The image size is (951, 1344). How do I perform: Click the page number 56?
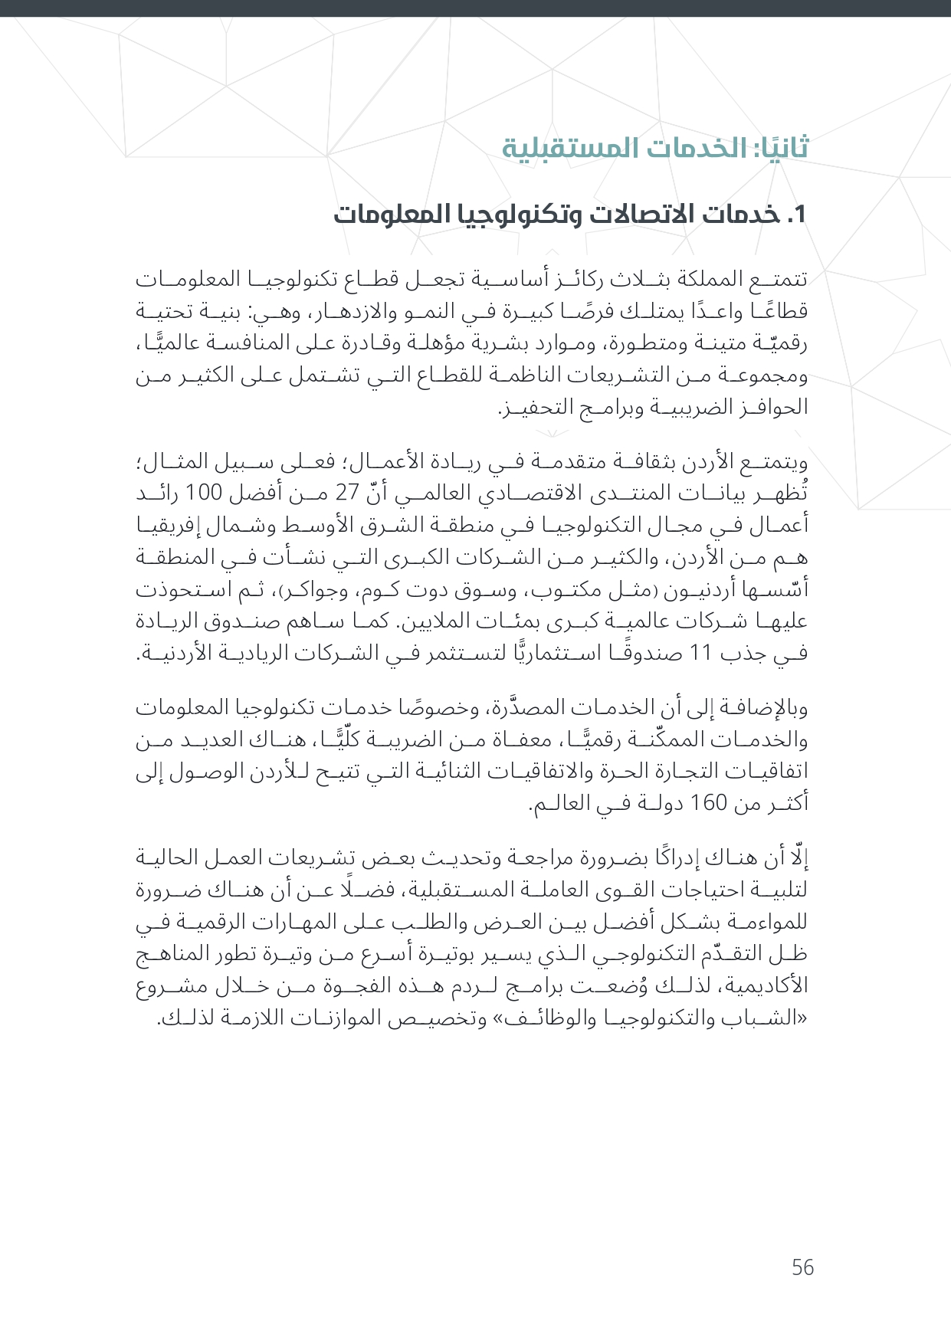pyautogui.click(x=802, y=1268)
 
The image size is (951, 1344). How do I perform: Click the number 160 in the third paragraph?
pyautogui.click(x=708, y=804)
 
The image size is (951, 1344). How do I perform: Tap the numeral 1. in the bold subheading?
pyautogui.click(x=797, y=215)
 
